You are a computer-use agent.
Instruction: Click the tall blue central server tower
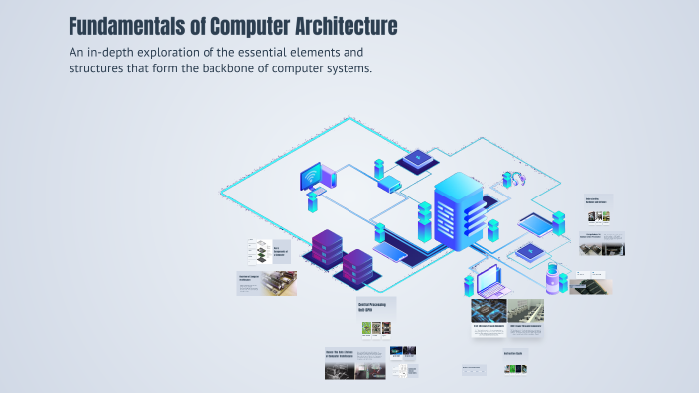pos(457,210)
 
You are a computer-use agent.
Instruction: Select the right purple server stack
pos(356,266)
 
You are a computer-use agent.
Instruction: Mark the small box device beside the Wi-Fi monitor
pos(387,184)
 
